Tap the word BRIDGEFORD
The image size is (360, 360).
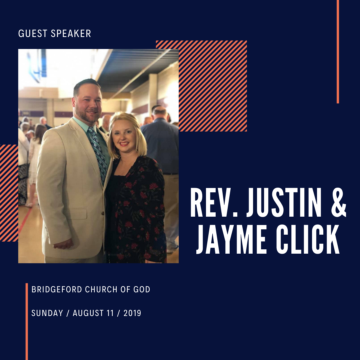pos(57,289)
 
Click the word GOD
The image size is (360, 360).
pos(141,289)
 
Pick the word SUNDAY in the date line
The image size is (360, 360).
pos(47,313)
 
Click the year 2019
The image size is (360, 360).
pos(132,313)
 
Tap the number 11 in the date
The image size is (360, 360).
pos(112,313)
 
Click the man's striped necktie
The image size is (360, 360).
pos(99,153)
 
